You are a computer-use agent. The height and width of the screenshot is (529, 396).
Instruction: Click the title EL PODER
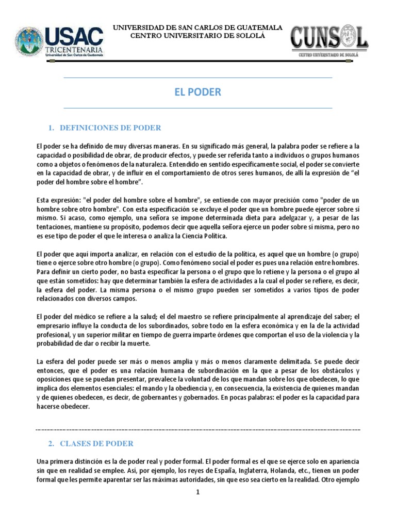pos(197,92)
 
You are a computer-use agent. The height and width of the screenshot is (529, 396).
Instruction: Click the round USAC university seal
pos(29,41)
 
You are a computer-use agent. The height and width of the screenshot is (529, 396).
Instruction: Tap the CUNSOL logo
pos(329,40)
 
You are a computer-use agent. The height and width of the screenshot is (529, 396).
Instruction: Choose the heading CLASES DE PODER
pos(96,443)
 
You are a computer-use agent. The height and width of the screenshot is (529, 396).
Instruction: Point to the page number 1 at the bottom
pos(197,492)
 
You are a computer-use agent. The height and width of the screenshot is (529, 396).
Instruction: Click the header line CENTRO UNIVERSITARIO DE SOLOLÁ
pos(197,35)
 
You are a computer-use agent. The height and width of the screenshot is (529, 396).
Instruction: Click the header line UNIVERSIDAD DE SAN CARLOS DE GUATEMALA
pos(197,27)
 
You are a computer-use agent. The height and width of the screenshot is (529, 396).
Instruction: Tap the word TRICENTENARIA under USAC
pos(74,50)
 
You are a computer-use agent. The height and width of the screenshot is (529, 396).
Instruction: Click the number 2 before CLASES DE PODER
pos(51,443)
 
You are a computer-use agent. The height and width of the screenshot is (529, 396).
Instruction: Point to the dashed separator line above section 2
pos(197,429)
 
